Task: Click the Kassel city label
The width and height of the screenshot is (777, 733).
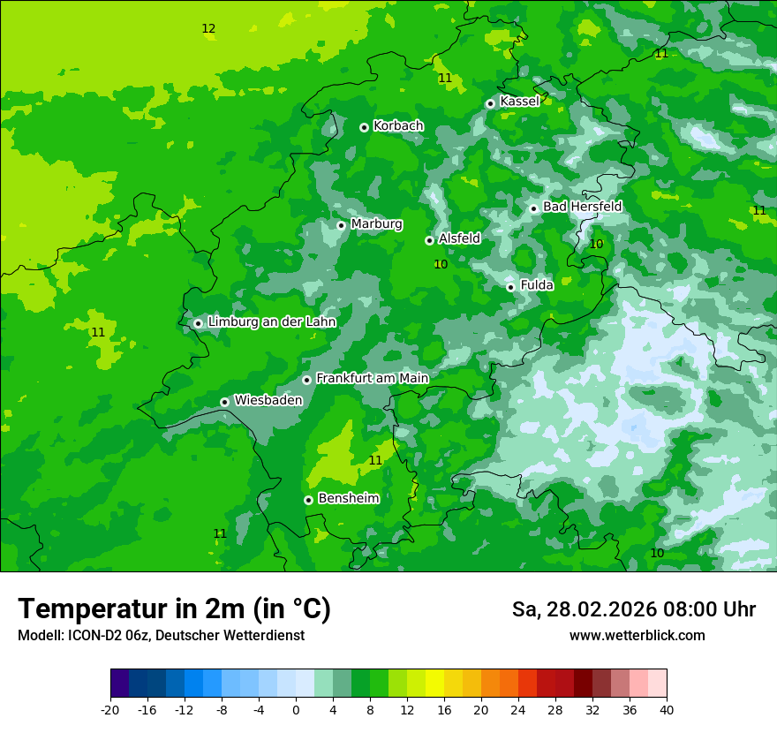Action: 519,102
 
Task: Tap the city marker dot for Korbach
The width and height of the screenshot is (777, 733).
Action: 364,127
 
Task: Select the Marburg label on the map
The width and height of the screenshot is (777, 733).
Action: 376,224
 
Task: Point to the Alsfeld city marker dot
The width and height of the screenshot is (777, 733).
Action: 429,240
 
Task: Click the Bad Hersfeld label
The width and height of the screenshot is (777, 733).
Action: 582,207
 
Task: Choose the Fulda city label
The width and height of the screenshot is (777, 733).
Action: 537,285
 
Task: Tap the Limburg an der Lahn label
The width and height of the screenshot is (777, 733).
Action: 272,322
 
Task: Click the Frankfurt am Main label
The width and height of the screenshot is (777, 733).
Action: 372,379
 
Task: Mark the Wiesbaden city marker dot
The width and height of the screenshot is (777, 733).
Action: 225,402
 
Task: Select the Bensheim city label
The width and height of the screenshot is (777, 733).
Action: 348,499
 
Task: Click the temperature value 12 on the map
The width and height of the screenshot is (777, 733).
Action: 208,29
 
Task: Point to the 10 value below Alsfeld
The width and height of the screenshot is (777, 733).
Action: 441,264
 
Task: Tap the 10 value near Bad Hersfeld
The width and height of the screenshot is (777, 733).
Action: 596,245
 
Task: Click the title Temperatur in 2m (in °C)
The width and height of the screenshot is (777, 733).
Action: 174,609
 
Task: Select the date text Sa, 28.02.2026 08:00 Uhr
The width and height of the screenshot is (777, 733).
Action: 633,609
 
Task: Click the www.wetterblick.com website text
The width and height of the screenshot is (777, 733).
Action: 637,636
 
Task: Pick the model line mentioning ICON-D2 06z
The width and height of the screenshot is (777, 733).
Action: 161,636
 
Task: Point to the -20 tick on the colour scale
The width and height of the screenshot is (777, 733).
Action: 110,709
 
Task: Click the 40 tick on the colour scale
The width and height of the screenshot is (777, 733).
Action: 667,709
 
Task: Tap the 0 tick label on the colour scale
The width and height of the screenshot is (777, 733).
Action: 296,709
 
